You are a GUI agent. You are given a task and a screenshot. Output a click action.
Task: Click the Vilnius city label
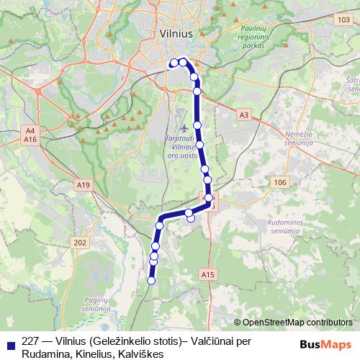(x=176, y=33)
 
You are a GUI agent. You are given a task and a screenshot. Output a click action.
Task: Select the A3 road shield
(x=244, y=114)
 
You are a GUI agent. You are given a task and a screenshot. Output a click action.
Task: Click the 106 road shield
(x=279, y=183)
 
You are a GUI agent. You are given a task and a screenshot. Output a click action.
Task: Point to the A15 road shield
(x=208, y=274)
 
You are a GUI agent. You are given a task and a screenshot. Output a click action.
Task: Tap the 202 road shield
(x=79, y=243)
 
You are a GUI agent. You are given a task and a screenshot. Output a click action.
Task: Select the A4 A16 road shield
(x=30, y=134)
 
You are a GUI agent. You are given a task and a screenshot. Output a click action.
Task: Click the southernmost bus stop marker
(x=151, y=281)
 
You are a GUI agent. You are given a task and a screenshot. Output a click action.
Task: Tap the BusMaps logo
(x=325, y=345)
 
